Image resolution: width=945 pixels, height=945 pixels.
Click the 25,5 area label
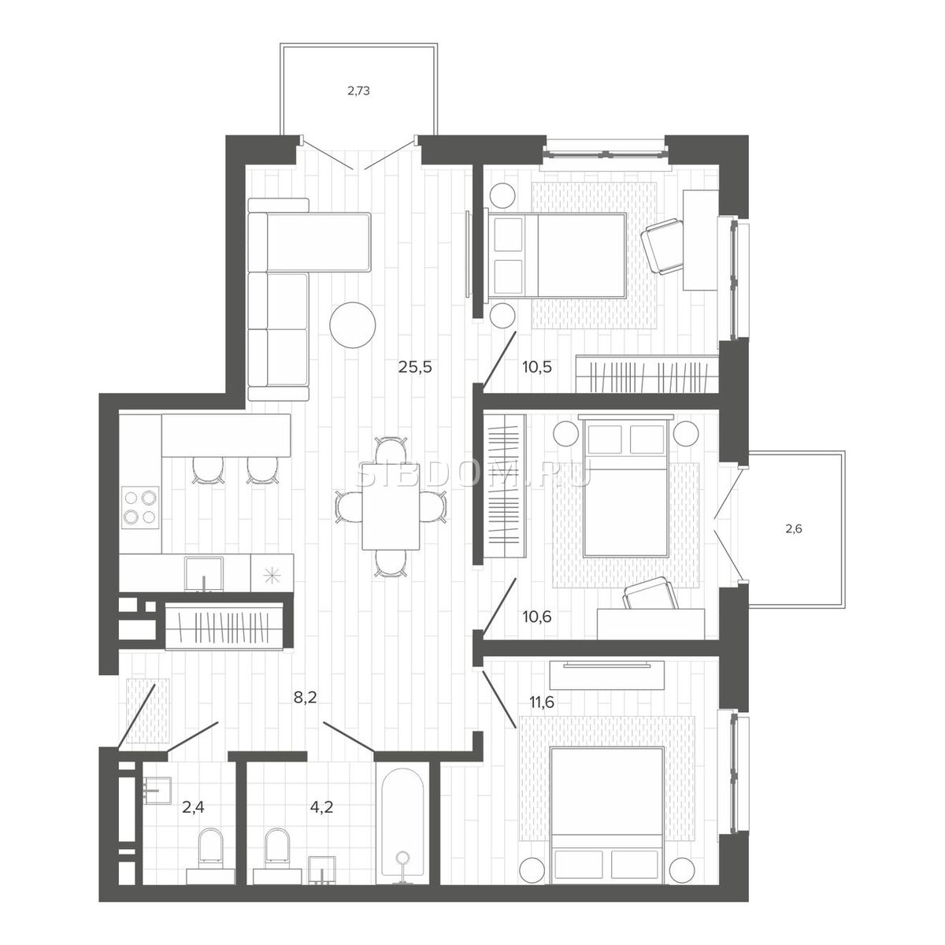point(415,366)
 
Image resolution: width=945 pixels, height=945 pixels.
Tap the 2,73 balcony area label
point(358,91)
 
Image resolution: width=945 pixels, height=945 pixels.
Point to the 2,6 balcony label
point(794,529)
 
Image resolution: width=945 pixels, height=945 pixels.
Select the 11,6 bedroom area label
point(541,702)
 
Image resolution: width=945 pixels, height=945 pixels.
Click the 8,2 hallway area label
point(305,698)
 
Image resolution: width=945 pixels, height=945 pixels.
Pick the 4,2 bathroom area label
point(322,806)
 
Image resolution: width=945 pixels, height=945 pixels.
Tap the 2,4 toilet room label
point(193,806)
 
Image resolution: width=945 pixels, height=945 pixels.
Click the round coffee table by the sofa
point(353,324)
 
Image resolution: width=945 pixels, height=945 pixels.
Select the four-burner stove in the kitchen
point(140,507)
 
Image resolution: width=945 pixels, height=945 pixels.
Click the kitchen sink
point(203,574)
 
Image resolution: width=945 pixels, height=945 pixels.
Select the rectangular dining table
point(391,520)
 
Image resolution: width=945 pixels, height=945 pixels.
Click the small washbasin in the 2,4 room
point(157,791)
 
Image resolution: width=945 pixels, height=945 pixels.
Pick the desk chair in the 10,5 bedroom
point(664,246)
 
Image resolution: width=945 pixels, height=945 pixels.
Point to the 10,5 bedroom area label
point(537,366)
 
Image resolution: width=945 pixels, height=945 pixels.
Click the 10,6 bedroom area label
point(537,617)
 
